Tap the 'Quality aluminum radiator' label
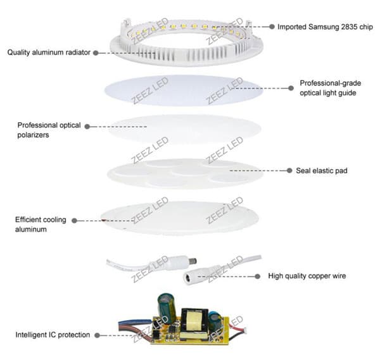click(49, 53)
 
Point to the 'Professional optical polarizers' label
click(49, 130)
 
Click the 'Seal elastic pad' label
click(321, 171)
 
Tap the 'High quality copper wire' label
click(307, 276)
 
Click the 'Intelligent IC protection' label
click(53, 334)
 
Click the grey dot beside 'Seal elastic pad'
click(288, 171)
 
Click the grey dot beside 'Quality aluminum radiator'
click(96, 53)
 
